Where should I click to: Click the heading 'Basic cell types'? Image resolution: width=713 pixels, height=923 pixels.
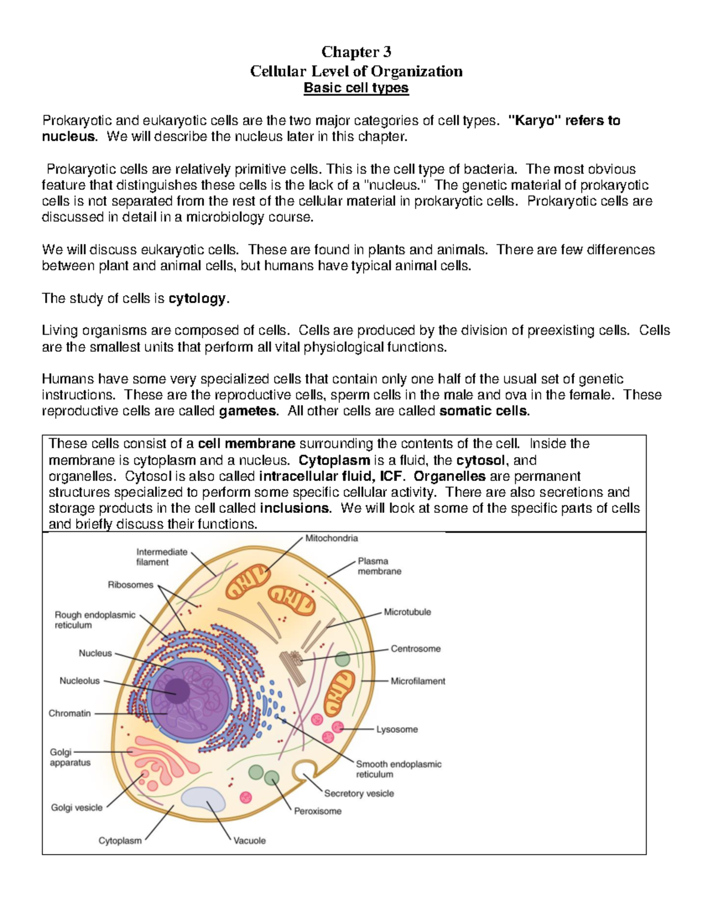[x=356, y=88]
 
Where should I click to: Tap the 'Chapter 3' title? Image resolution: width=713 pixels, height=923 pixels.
[x=356, y=52]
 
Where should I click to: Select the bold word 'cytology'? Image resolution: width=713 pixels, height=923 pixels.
[x=197, y=298]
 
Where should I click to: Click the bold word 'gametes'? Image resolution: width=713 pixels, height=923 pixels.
[x=248, y=411]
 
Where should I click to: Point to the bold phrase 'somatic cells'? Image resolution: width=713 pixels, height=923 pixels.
[x=483, y=411]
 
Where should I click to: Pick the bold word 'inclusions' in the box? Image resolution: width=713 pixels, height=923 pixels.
[x=295, y=508]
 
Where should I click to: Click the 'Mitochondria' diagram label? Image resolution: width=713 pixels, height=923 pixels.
[x=332, y=538]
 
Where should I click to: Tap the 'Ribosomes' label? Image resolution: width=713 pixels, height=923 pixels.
[x=130, y=585]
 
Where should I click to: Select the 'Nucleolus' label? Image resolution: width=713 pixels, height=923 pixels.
[x=80, y=681]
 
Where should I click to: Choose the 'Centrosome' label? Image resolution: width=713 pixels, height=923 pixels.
[x=415, y=649]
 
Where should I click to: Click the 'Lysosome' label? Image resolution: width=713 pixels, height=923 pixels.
[x=397, y=729]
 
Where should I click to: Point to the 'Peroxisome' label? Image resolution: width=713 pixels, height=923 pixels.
[x=318, y=811]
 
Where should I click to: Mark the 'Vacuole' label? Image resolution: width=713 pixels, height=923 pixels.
[x=250, y=841]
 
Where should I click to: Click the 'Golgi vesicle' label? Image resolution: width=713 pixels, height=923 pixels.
[x=77, y=808]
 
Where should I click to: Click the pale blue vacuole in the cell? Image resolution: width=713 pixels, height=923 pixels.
[x=203, y=799]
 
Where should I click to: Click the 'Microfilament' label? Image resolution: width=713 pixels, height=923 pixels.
[x=418, y=681]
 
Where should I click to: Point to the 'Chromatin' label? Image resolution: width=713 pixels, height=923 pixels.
[x=70, y=713]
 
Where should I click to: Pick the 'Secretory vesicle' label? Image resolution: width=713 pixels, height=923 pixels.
[x=359, y=793]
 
